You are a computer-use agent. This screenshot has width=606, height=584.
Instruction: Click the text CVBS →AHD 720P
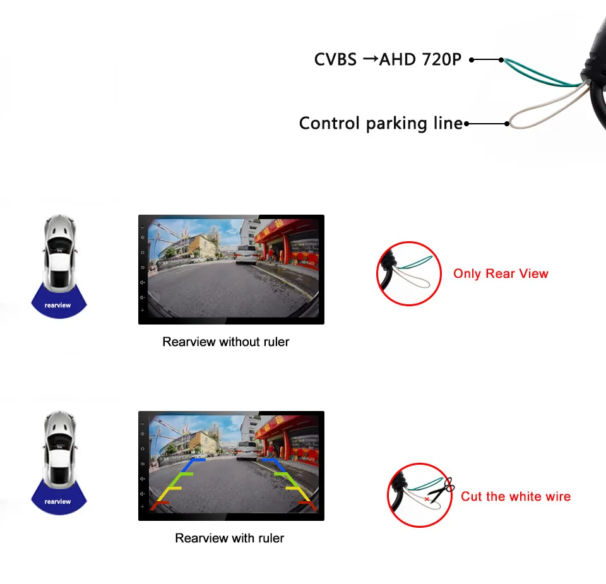tap(388, 60)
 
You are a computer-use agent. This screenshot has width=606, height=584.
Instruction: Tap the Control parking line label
tap(381, 123)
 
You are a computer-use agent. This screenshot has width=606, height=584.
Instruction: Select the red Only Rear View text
tap(501, 273)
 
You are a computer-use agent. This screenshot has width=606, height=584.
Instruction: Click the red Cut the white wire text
tap(515, 496)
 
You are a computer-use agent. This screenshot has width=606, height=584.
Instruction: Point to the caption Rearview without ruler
tap(226, 342)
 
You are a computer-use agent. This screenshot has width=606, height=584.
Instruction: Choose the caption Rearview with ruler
tap(230, 538)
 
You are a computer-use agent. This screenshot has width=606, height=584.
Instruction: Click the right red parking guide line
tap(306, 504)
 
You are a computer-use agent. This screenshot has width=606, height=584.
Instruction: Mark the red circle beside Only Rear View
tap(408, 273)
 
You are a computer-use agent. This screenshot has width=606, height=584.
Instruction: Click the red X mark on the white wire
tap(427, 499)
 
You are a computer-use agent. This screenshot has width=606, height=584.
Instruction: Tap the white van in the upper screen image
tap(245, 254)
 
